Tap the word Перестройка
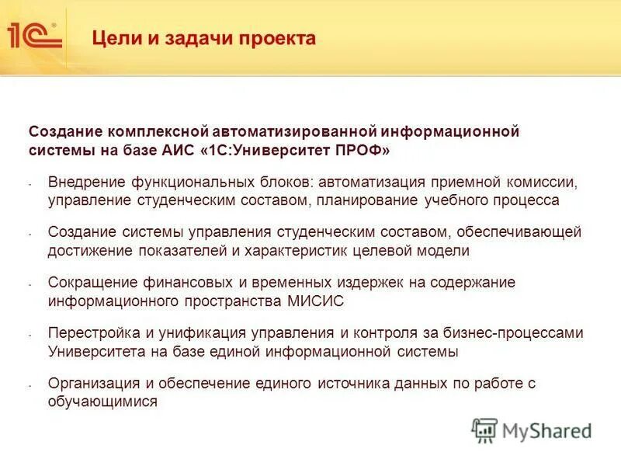pos(90,333)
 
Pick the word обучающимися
pos(102,402)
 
